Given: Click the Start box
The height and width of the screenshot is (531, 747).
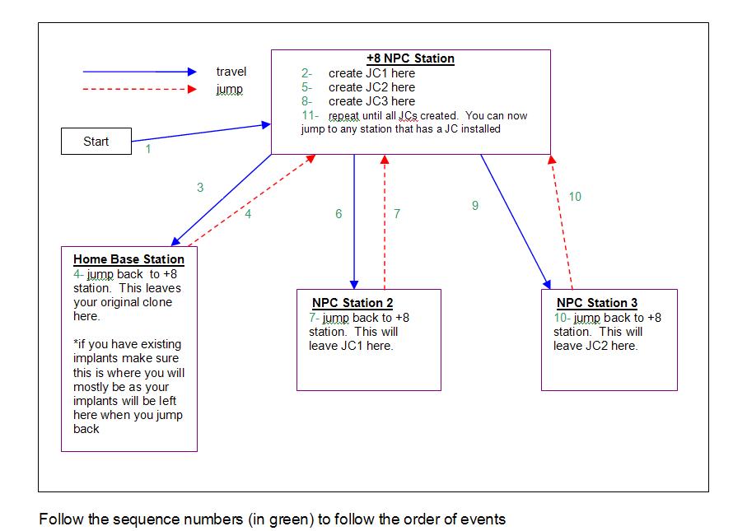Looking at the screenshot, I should (x=96, y=142).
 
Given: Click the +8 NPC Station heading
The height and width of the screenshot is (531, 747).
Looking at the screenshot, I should (x=410, y=58).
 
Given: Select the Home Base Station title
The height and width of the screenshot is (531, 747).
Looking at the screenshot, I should (x=128, y=259).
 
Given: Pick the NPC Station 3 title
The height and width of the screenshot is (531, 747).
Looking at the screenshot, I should (x=596, y=303).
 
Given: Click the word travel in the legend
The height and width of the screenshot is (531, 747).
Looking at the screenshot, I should (x=231, y=72).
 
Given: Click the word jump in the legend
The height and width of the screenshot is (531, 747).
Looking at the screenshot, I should (x=229, y=89).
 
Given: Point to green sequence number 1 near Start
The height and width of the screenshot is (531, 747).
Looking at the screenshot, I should (x=148, y=150).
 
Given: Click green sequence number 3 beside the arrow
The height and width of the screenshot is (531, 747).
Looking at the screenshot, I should (x=200, y=188).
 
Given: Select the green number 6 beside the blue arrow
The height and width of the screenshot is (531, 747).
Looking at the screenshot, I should (x=338, y=214).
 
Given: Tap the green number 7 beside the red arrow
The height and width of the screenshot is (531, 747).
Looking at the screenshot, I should (x=397, y=214).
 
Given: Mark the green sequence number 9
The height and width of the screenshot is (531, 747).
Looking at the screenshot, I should (x=475, y=206).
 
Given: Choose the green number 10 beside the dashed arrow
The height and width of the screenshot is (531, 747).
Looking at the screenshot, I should (x=575, y=197).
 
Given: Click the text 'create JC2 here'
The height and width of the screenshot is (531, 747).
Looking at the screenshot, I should (x=371, y=87).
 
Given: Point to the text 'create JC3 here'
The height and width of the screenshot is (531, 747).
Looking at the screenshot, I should (x=371, y=101).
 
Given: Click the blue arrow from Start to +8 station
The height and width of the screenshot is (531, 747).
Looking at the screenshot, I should (x=202, y=133).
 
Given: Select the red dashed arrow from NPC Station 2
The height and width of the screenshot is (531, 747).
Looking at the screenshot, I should (x=385, y=222).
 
